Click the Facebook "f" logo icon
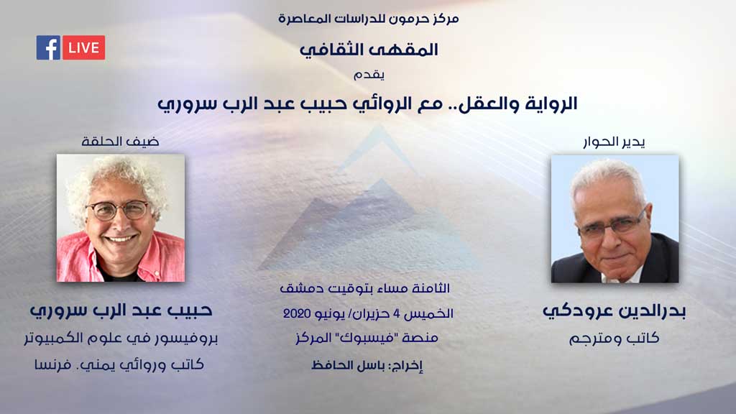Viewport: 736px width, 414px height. [48, 47]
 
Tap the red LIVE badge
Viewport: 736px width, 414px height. [83, 47]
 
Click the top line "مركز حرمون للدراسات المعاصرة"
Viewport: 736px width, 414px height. [369, 19]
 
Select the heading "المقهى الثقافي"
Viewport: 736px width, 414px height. [369, 50]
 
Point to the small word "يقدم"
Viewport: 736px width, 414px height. [369, 75]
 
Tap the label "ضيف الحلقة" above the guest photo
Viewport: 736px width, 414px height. [120, 142]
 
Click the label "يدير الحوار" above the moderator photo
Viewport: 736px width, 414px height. [614, 142]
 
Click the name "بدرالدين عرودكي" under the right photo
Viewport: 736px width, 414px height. [614, 311]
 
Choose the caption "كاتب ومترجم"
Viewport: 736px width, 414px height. [614, 338]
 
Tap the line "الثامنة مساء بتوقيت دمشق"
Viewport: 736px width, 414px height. [364, 288]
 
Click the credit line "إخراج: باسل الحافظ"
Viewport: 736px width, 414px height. [367, 365]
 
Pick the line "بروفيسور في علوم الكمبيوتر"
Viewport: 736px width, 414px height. [121, 338]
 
